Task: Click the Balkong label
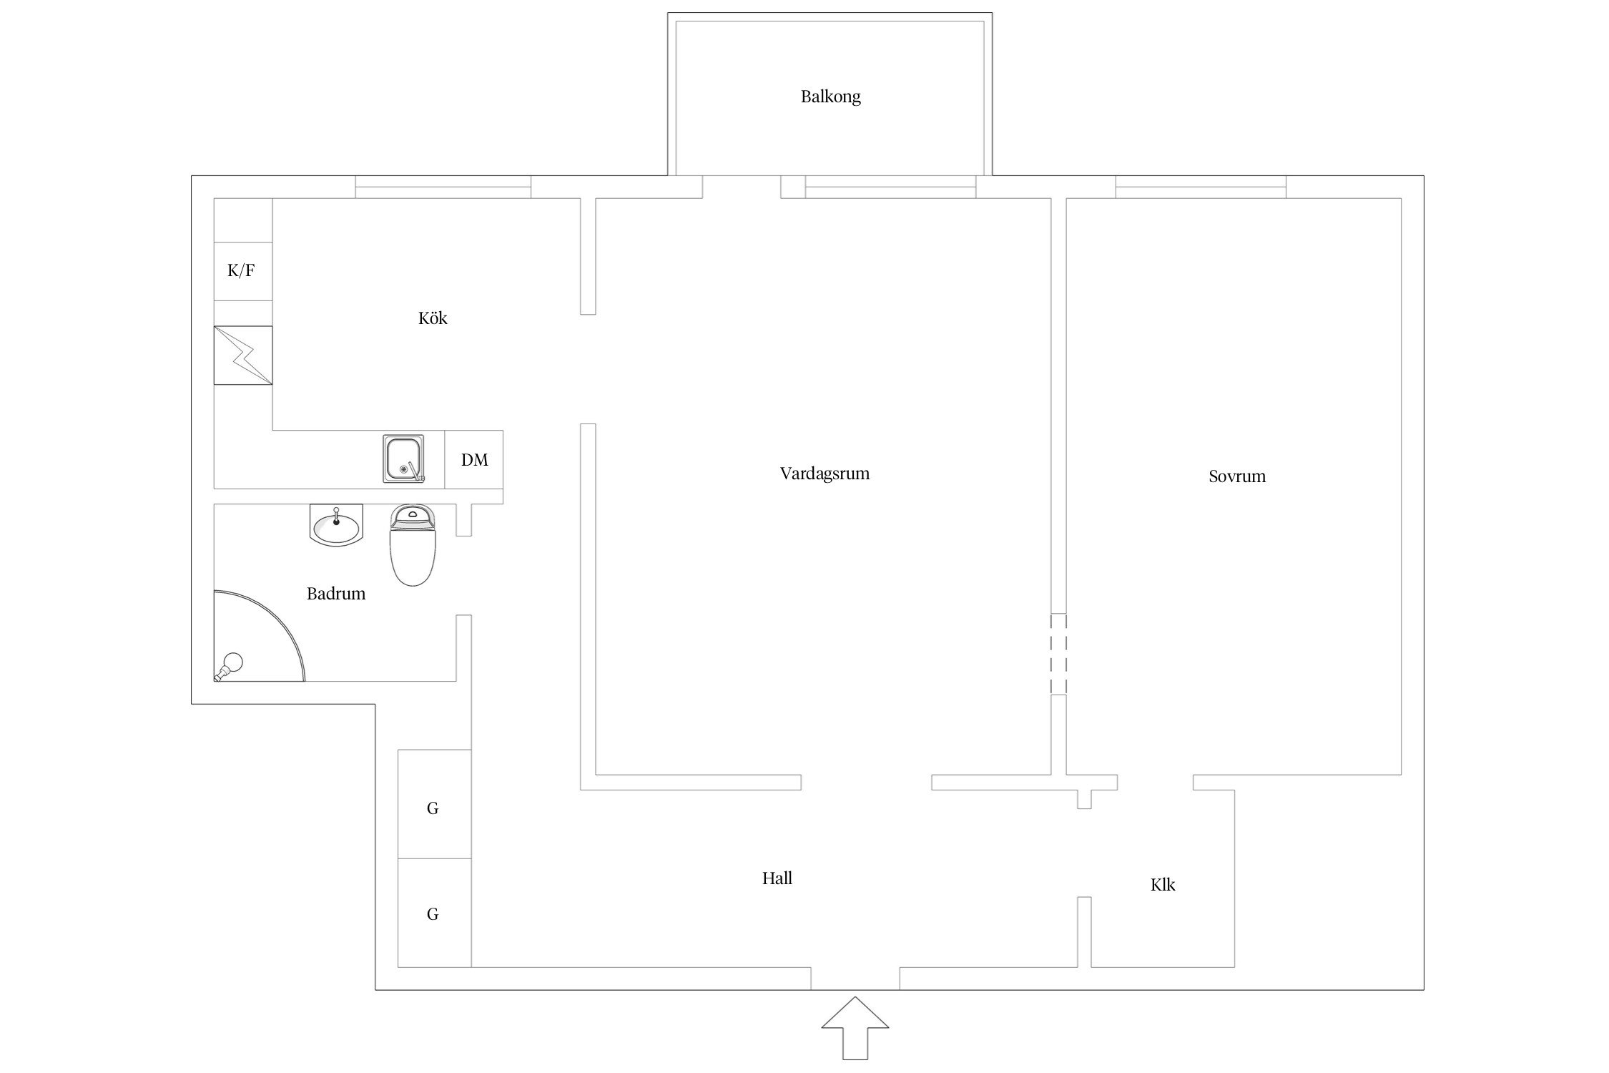[830, 97]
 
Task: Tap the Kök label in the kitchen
[433, 318]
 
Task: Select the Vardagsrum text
[825, 474]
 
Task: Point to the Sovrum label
[1236, 476]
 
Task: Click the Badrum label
[336, 594]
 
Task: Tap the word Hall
[777, 878]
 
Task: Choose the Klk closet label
[1162, 886]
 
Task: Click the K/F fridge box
[242, 270]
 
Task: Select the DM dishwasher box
[474, 460]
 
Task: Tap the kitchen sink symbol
[403, 459]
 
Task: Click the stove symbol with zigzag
[243, 356]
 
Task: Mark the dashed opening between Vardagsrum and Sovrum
[1058, 654]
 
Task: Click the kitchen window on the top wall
[443, 187]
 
